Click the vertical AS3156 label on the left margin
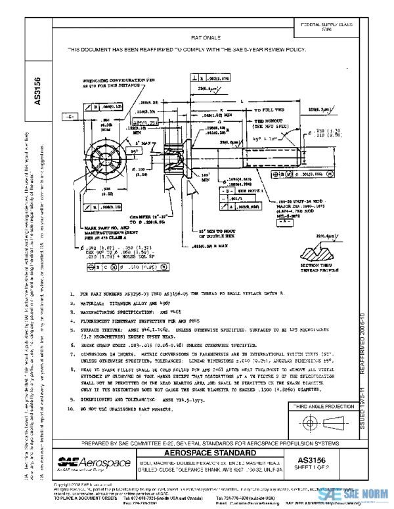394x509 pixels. click(x=37, y=92)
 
